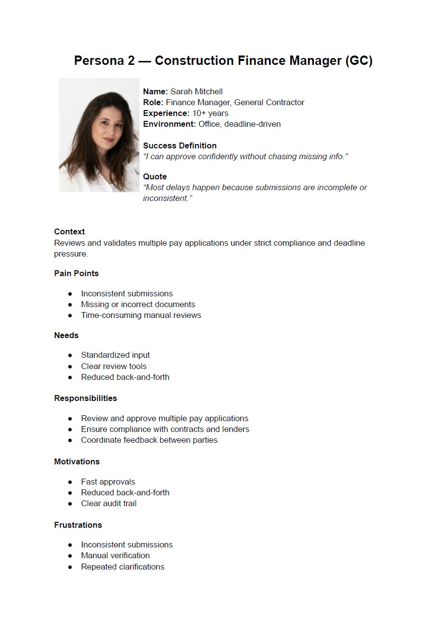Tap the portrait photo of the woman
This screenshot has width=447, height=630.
(x=99, y=135)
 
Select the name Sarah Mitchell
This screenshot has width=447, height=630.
(x=196, y=91)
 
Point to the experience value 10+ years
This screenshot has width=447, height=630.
(x=210, y=113)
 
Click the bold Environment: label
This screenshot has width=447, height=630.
(x=169, y=124)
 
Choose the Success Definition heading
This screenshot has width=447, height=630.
(x=180, y=145)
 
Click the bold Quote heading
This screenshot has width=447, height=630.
(x=155, y=176)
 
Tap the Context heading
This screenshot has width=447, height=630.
(x=69, y=231)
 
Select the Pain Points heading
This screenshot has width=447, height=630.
(x=76, y=273)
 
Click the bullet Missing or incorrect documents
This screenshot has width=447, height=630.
(x=138, y=304)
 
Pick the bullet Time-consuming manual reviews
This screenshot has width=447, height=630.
(x=141, y=315)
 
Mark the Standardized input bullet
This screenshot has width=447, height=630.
(x=115, y=355)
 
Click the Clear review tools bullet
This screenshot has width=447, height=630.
(x=113, y=366)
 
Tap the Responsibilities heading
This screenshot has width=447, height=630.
(x=85, y=398)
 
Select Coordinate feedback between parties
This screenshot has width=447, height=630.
(x=149, y=440)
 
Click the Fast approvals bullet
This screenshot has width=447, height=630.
(x=108, y=482)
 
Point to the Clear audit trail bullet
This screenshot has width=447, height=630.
(x=109, y=503)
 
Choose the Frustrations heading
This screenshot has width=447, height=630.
(x=78, y=525)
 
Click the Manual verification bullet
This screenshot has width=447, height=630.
(x=115, y=555)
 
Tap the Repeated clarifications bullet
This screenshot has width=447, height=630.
(x=123, y=567)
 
